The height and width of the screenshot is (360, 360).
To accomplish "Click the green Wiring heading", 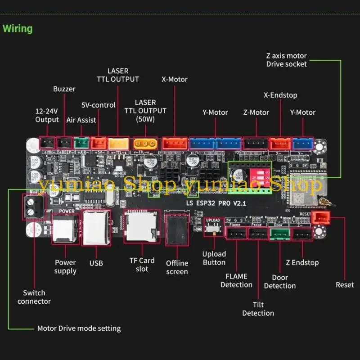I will (18, 29).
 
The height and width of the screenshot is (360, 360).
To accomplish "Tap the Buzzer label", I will (64, 89).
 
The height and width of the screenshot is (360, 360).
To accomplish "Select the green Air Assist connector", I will (81, 143).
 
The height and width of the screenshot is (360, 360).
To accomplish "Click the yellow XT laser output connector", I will (145, 144).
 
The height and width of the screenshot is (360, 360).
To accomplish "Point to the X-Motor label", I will (175, 79).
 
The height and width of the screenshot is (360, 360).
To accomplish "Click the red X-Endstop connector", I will (280, 143).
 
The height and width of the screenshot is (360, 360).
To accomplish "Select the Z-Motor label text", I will (256, 112).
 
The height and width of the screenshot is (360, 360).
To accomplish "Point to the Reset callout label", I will (345, 285).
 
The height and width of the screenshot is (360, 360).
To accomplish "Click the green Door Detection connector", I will (280, 234).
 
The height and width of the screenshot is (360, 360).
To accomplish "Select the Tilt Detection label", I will (258, 309).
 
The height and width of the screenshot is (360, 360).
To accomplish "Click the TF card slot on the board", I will (140, 226).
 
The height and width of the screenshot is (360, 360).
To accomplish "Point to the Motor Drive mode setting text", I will (79, 328).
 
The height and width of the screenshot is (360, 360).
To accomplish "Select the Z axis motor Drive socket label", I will (286, 60).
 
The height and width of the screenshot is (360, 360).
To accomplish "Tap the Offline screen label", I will (177, 267).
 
